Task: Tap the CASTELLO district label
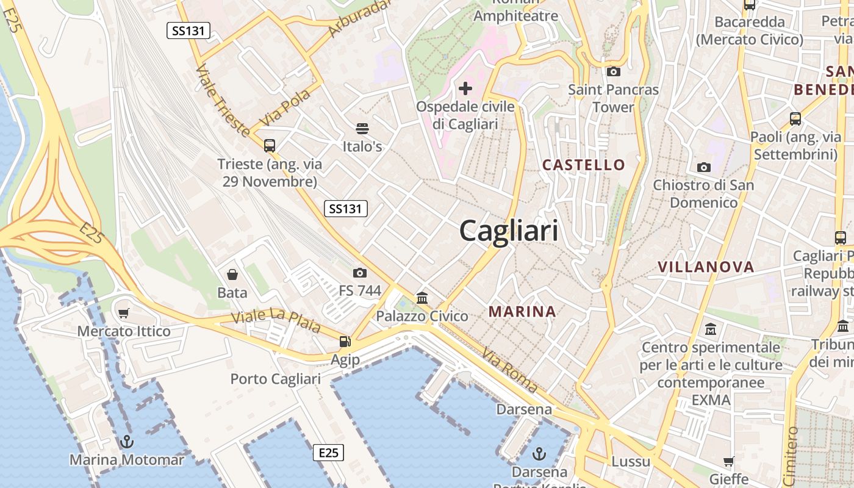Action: click(x=584, y=165)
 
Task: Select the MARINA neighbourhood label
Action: click(x=522, y=312)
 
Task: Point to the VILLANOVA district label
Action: click(x=706, y=267)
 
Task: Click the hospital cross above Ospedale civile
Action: click(x=465, y=89)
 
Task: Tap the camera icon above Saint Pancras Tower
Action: click(x=614, y=72)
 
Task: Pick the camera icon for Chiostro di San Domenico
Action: click(x=703, y=167)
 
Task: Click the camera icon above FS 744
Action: click(x=360, y=273)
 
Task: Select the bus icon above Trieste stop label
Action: click(x=270, y=146)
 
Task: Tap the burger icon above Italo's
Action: click(x=362, y=129)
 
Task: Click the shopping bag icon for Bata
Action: click(x=232, y=275)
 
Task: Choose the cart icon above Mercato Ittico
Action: click(x=124, y=314)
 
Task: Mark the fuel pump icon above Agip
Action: click(x=345, y=342)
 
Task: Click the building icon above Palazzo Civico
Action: click(x=422, y=298)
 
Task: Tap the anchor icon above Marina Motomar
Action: click(x=127, y=441)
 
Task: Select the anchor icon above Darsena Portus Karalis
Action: click(x=539, y=453)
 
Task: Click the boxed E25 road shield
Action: click(x=328, y=453)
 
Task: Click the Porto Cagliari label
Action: click(x=275, y=379)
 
